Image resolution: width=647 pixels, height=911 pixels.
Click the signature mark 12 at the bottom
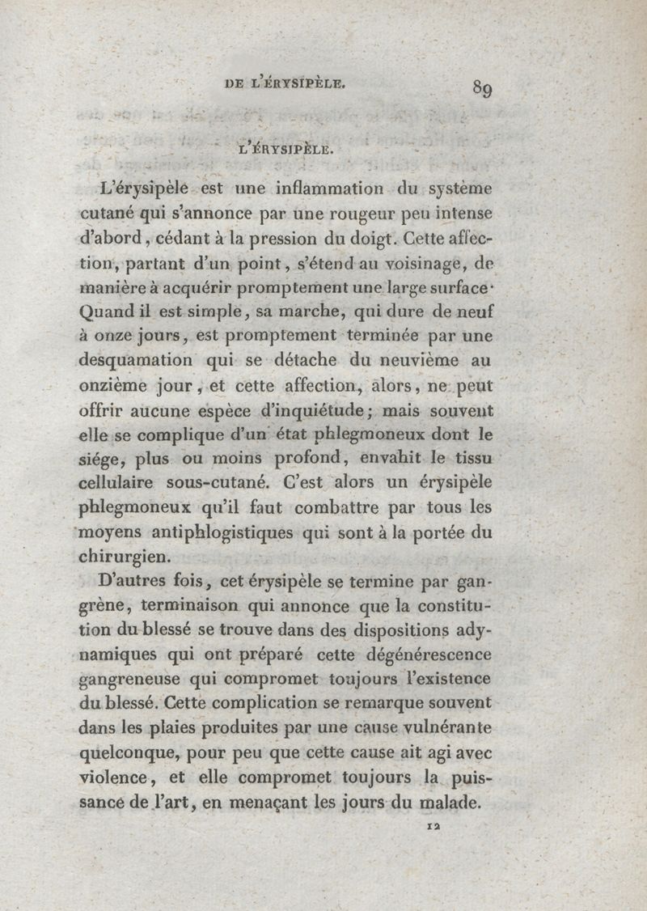(433, 827)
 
